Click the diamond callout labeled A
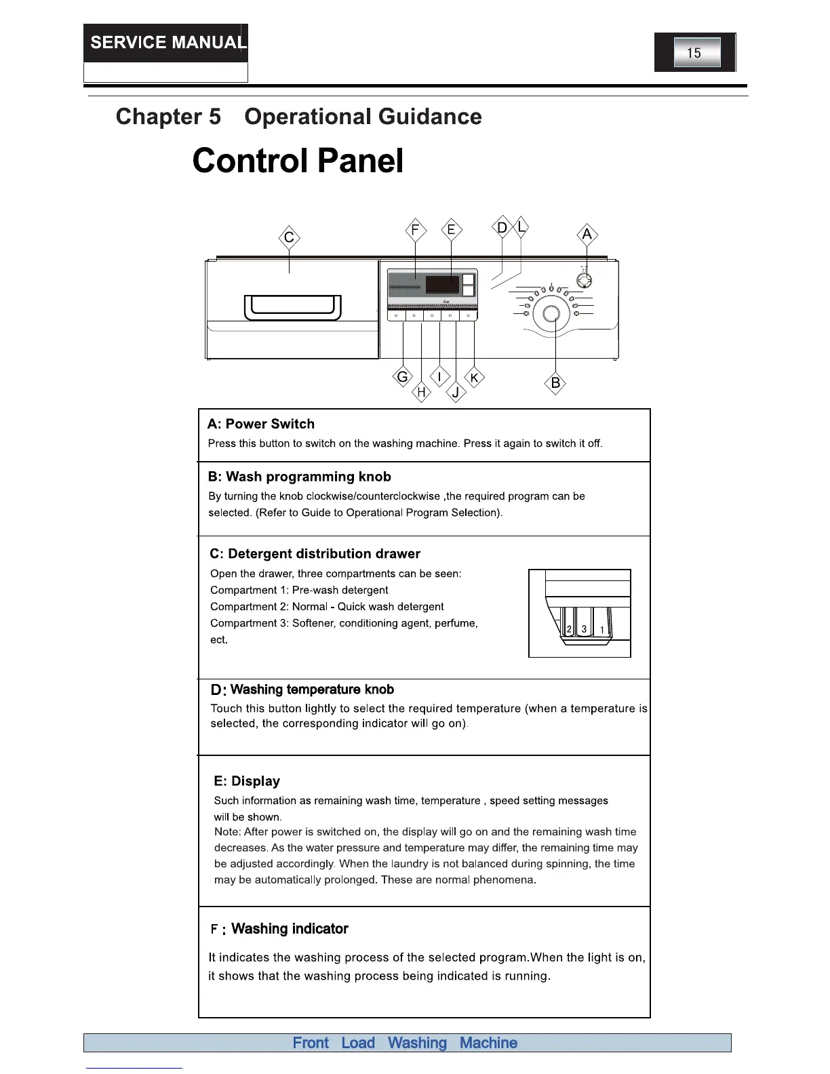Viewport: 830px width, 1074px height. coord(587,235)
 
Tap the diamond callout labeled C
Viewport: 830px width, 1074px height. coord(290,238)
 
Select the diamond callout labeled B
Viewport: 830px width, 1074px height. coord(555,383)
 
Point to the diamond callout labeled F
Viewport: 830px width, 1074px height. coord(415,230)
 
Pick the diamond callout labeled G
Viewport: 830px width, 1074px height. coord(403,377)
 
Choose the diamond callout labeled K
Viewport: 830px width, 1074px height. coord(474,378)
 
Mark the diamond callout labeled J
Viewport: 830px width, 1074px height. coord(456,392)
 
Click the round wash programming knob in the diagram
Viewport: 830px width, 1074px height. coord(551,313)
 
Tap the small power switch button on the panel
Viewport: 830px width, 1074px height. coord(583,280)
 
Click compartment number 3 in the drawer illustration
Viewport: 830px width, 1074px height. coord(584,629)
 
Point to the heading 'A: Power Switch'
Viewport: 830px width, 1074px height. coord(261,424)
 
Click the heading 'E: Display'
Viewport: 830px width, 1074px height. coord(247,781)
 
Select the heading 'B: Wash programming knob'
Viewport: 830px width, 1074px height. coord(299,477)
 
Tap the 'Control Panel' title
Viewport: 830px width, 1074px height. coord(298,161)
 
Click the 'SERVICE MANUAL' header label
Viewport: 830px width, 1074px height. coord(166,43)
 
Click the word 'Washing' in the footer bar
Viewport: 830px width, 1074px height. coord(417,1043)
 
